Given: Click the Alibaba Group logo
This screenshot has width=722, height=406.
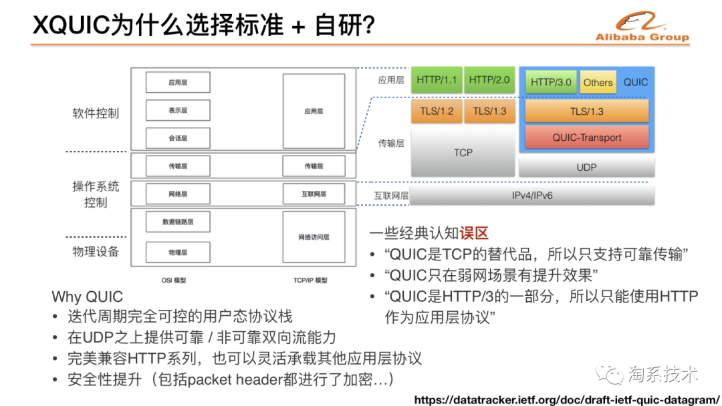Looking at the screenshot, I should point(642,27).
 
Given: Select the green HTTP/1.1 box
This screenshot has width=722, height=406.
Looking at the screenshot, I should point(436,80).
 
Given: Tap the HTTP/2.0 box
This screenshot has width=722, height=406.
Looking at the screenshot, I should point(489,80).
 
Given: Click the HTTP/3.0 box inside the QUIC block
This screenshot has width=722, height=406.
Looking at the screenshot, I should point(551,82).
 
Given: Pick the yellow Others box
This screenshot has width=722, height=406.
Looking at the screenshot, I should point(598,82).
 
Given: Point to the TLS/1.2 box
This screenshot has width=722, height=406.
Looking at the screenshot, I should point(436,112).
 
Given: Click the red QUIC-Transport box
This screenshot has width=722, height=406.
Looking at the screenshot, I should point(586,138).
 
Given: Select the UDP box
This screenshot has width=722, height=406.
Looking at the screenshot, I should point(586,167).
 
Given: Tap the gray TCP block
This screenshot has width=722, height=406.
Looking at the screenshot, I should point(463,152).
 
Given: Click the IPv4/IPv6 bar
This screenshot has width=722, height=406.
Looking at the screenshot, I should point(531,196).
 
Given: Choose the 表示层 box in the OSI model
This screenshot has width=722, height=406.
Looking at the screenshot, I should point(178,110).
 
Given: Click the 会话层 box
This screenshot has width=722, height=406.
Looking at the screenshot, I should point(178,138).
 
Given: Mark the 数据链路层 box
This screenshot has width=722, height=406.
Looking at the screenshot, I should point(178,222).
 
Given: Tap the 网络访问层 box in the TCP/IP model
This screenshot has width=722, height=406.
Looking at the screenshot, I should point(314,237).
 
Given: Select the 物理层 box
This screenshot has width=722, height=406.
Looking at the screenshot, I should point(178,252).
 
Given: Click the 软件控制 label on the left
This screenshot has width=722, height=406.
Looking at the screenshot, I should point(96,113).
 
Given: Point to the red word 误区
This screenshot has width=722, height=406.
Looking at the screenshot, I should point(474,233).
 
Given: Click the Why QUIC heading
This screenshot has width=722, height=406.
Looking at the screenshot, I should point(88,297).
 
